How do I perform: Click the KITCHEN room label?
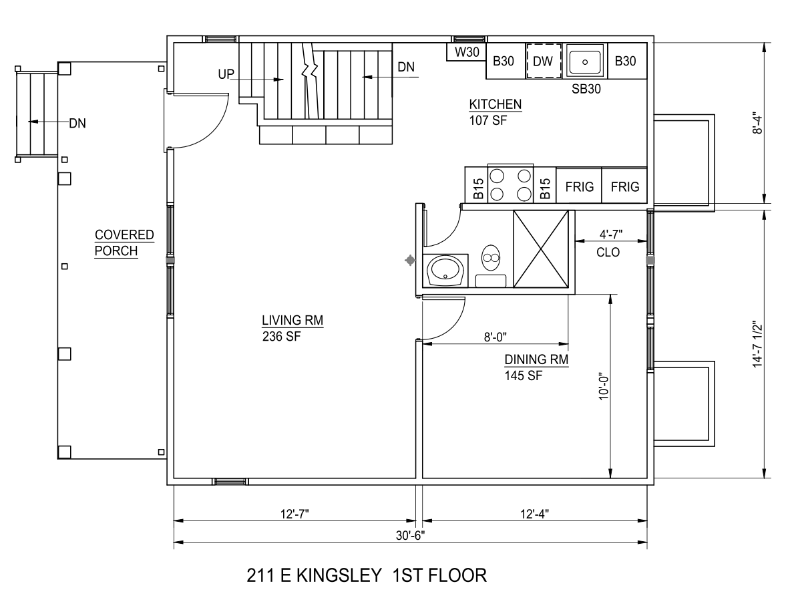point(495,104)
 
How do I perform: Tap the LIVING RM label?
point(292,320)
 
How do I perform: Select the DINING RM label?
point(536,359)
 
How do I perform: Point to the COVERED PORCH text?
point(124,243)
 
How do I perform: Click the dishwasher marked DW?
point(544,61)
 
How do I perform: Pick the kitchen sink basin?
point(585,61)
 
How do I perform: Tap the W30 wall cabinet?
point(466,51)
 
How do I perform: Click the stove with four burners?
point(510,184)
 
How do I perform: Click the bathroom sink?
point(445,270)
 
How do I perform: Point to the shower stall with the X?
point(541,249)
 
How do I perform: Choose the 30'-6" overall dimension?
point(410,536)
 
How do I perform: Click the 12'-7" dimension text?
point(294,514)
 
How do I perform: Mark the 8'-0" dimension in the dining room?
point(495,337)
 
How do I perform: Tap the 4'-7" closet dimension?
point(611,235)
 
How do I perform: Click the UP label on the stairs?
point(226,74)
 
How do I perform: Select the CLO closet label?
point(608,253)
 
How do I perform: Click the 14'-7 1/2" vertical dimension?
point(757,344)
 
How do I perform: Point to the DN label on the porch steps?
point(77,123)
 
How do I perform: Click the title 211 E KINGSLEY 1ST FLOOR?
point(367,575)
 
